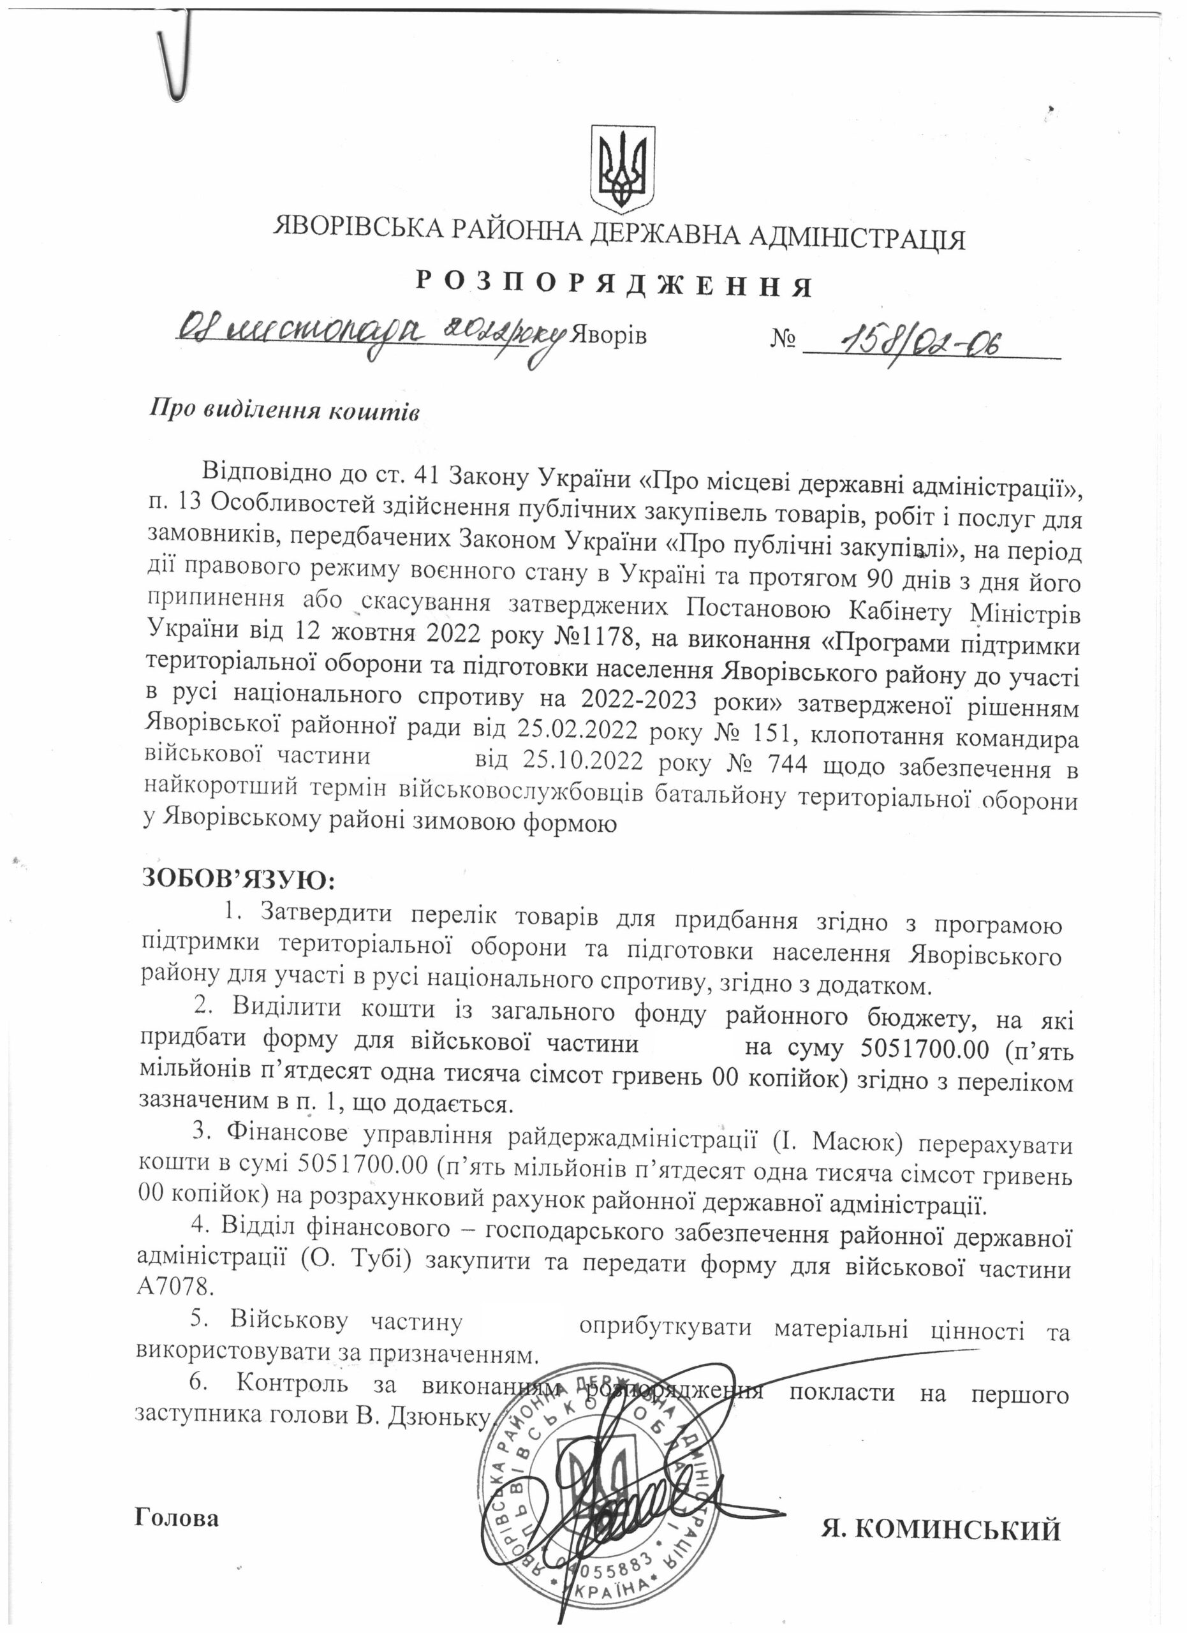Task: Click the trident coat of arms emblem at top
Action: (x=623, y=166)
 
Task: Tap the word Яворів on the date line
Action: (x=608, y=336)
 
